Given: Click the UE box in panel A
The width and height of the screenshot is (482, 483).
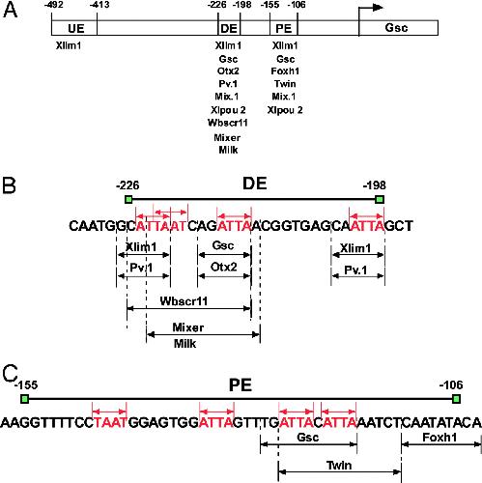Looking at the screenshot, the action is click(x=74, y=28).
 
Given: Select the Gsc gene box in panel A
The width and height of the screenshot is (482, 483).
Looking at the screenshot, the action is click(x=398, y=28).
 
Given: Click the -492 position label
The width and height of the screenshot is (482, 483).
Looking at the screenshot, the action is click(x=54, y=5).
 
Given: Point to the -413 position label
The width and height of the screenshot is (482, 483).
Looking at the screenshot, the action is click(x=99, y=5).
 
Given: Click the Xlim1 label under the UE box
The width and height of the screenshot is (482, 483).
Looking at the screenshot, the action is click(x=69, y=45).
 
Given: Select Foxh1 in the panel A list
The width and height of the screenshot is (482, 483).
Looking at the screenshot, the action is click(x=285, y=71).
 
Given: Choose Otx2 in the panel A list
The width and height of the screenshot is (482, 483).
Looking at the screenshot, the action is click(x=228, y=71).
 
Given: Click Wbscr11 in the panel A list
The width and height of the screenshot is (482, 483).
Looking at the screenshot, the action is click(x=228, y=123).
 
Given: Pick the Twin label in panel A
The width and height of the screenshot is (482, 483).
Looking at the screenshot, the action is click(x=285, y=84).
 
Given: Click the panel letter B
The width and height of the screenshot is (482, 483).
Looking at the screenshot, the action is click(x=9, y=185).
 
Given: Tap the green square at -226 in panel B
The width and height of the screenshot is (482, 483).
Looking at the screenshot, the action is click(x=128, y=200).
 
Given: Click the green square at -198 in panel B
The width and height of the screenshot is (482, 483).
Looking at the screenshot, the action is click(x=380, y=200).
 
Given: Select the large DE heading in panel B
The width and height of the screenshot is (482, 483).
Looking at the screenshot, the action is click(x=255, y=184).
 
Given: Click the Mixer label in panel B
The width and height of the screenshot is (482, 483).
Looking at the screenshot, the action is click(x=188, y=327).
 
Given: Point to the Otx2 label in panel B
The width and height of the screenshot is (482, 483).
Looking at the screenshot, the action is click(x=224, y=267).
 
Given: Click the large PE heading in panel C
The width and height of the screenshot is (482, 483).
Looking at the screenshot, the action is click(x=241, y=385).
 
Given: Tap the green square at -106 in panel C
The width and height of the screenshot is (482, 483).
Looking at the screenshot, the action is click(x=456, y=399).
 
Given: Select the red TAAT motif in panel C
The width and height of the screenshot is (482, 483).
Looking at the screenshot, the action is click(x=110, y=422).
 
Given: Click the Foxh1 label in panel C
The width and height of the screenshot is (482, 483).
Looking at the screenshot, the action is click(x=439, y=438).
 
